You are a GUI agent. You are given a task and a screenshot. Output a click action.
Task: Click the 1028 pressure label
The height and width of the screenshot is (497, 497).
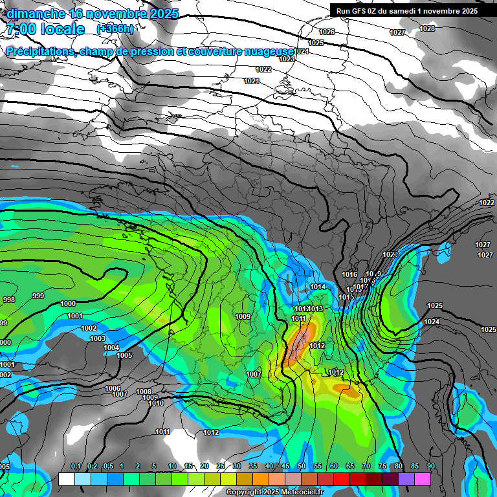(427, 28)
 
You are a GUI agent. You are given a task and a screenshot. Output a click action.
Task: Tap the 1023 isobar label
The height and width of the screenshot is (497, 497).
(287, 59)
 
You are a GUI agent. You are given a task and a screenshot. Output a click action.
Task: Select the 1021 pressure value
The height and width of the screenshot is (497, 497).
(252, 81)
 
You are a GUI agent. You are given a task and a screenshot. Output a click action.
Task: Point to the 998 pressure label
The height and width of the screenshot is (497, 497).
(9, 300)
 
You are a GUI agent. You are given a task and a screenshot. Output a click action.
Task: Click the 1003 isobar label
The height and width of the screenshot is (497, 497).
(98, 338)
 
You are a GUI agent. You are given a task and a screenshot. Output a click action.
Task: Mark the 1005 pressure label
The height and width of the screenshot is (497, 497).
(124, 355)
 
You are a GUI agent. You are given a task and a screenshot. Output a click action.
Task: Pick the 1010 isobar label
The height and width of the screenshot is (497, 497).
(156, 403)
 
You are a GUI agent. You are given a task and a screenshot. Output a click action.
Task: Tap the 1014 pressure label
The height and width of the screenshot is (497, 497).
(318, 287)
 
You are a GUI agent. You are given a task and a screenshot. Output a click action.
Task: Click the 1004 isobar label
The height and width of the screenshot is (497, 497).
(111, 348)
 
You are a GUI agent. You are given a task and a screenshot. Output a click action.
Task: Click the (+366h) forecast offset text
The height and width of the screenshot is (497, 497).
(115, 28)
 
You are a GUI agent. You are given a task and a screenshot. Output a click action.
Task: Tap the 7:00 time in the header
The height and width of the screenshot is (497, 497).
(21, 29)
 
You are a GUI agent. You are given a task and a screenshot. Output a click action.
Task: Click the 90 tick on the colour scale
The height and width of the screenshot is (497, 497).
(430, 466)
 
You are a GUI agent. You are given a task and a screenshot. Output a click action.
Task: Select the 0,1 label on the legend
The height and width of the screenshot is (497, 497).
(76, 466)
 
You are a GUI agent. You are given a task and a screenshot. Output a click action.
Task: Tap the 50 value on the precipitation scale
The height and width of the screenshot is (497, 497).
(302, 466)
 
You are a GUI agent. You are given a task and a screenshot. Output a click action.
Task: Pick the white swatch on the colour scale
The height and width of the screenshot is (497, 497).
(65, 479)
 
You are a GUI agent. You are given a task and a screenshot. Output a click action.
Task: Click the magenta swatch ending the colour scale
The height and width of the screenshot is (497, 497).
(422, 479)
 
